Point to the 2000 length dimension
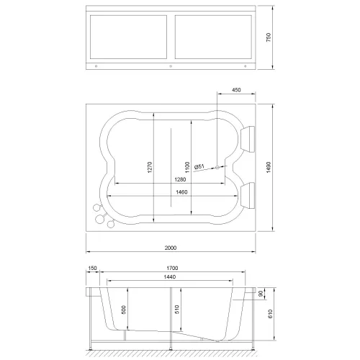tap(170, 248)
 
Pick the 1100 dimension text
tap(186, 166)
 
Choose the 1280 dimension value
tap(170, 179)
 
